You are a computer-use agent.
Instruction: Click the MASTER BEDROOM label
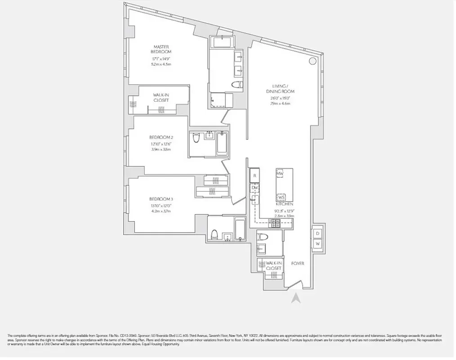coord(161,49)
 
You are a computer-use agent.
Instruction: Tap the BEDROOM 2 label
coord(161,137)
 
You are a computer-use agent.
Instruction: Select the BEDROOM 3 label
coord(161,199)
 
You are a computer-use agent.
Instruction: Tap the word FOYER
coord(298,263)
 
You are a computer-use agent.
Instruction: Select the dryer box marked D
coord(317,234)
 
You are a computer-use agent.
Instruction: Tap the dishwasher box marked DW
coord(255,187)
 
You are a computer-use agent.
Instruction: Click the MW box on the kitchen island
coord(280,173)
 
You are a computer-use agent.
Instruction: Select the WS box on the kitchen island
coord(282,197)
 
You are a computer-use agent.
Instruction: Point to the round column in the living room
coord(312,62)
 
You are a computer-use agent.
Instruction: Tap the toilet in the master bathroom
coord(237,85)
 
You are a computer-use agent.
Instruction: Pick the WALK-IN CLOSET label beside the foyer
coord(273,265)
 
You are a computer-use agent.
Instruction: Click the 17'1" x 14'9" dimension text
coord(161,59)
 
